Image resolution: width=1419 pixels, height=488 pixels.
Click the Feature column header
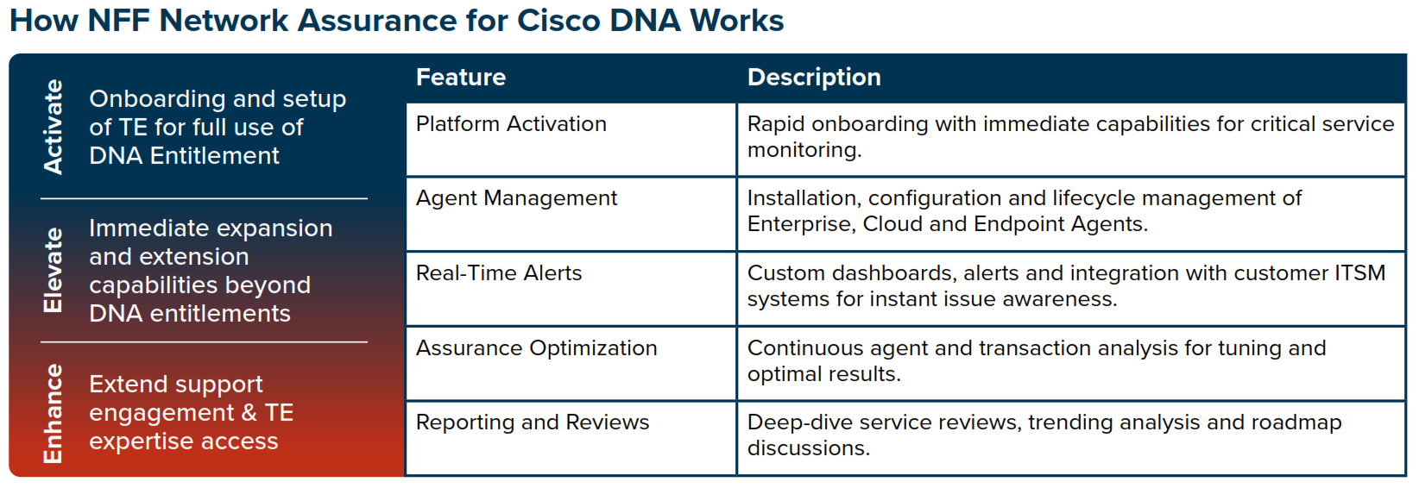point(461,78)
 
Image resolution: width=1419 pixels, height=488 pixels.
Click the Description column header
point(814,78)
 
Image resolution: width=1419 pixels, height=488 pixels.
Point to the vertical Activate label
point(54,127)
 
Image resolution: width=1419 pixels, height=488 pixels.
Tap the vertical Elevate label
point(54,270)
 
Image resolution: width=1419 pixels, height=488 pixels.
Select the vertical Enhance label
point(54,413)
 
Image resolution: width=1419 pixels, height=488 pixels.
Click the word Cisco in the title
point(558,20)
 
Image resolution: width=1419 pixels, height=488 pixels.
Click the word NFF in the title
point(119,20)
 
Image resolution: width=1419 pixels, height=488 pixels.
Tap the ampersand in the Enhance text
point(249,413)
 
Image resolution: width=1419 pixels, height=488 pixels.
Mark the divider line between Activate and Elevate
point(204,199)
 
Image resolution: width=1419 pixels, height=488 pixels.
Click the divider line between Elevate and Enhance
point(204,342)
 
